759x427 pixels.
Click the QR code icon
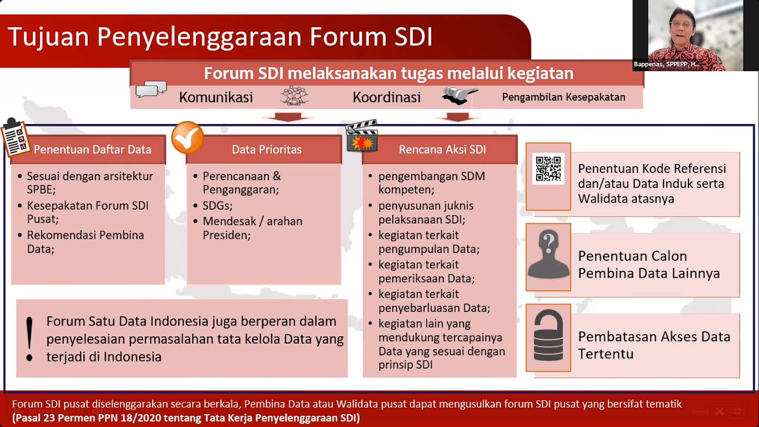tap(548, 169)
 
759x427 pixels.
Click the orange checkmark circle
tap(187, 138)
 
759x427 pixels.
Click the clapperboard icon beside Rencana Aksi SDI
tap(362, 137)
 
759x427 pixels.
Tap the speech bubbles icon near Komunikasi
tap(151, 89)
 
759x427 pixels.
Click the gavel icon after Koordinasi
tap(458, 95)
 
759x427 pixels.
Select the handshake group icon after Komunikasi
tap(294, 96)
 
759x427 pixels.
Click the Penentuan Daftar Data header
tap(92, 150)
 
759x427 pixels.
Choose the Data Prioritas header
tap(267, 150)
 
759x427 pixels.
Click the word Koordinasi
tap(387, 97)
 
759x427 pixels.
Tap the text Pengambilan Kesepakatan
tap(564, 97)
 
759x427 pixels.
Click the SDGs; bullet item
tap(217, 206)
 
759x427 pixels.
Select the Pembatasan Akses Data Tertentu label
tap(654, 345)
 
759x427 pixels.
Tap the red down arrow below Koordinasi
tap(458, 117)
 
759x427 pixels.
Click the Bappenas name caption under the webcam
tap(666, 64)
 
